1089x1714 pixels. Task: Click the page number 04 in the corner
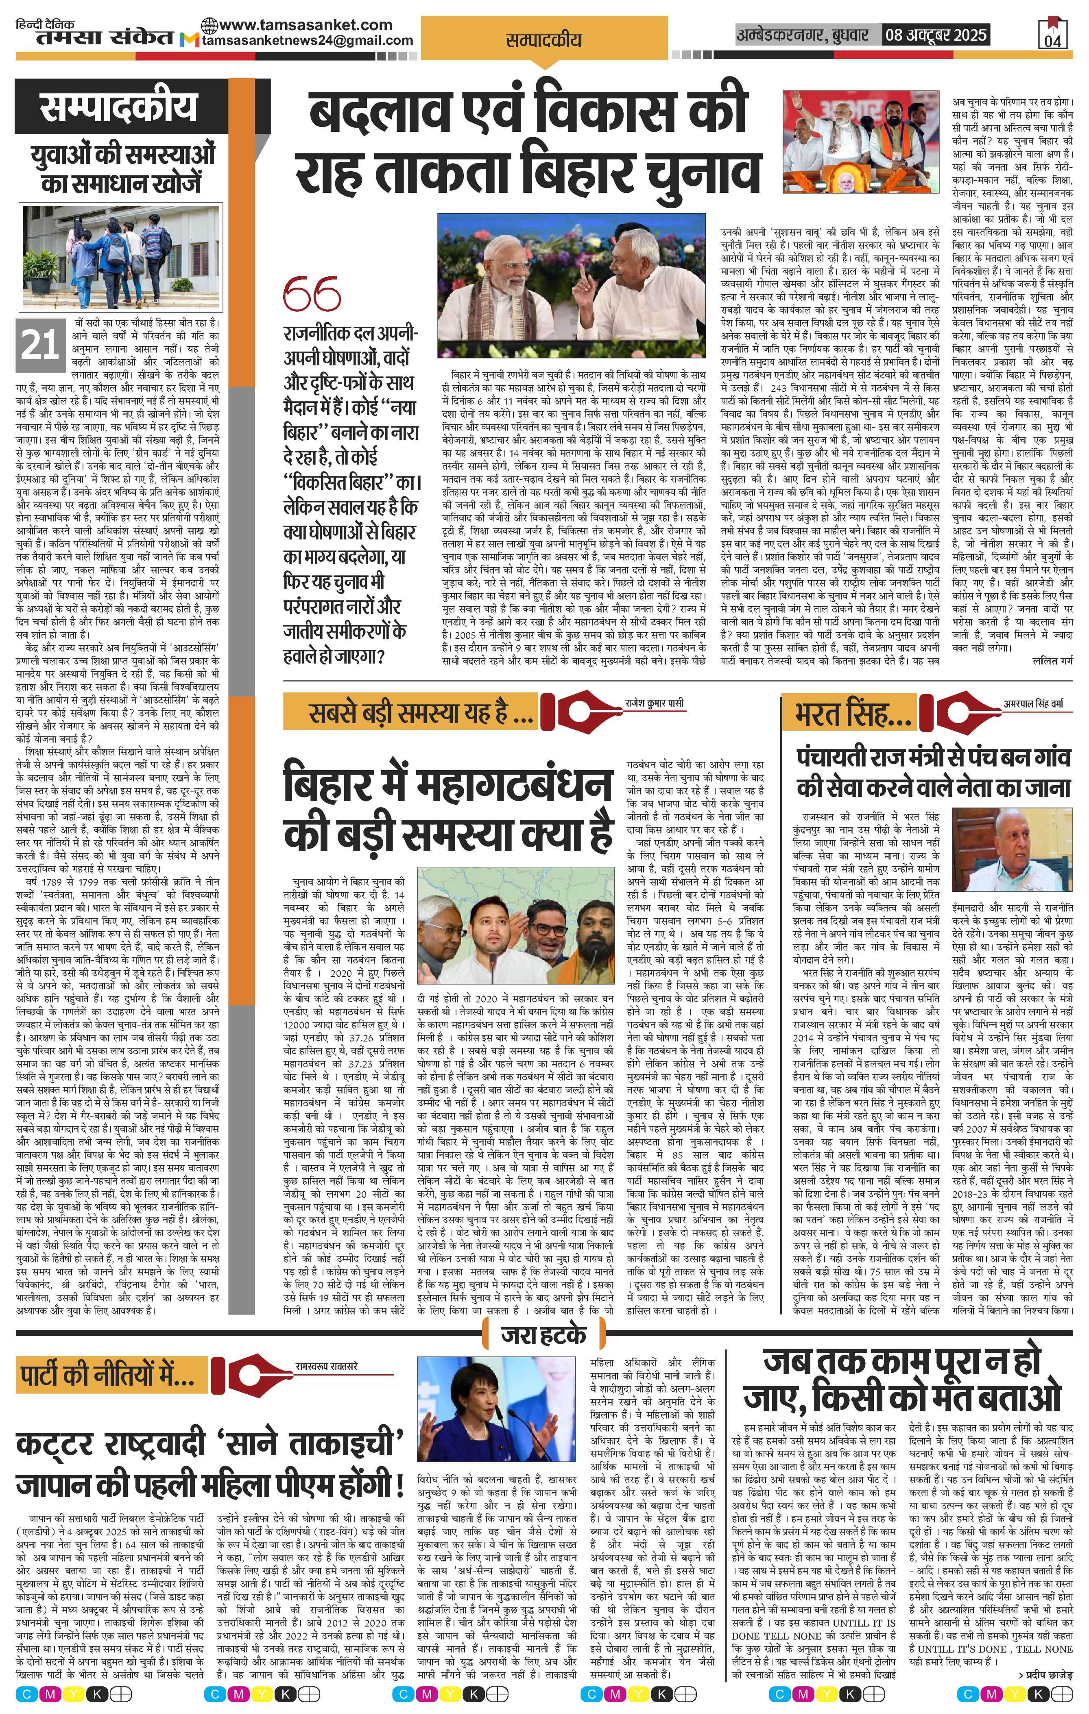[1054, 41]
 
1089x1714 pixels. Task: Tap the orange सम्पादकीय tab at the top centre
[543, 41]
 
